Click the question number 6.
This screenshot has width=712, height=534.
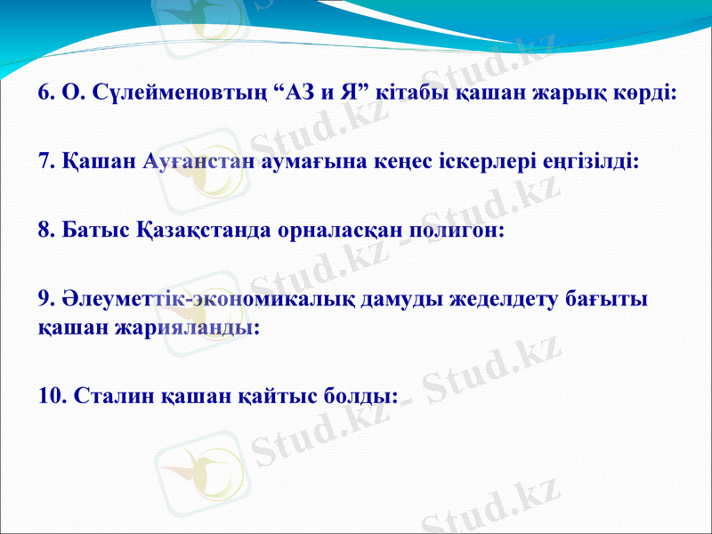point(47,93)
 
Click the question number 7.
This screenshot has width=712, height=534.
point(47,162)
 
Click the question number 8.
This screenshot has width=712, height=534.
point(47,231)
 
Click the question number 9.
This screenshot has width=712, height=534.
point(47,300)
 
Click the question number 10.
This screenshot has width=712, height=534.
point(53,394)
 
